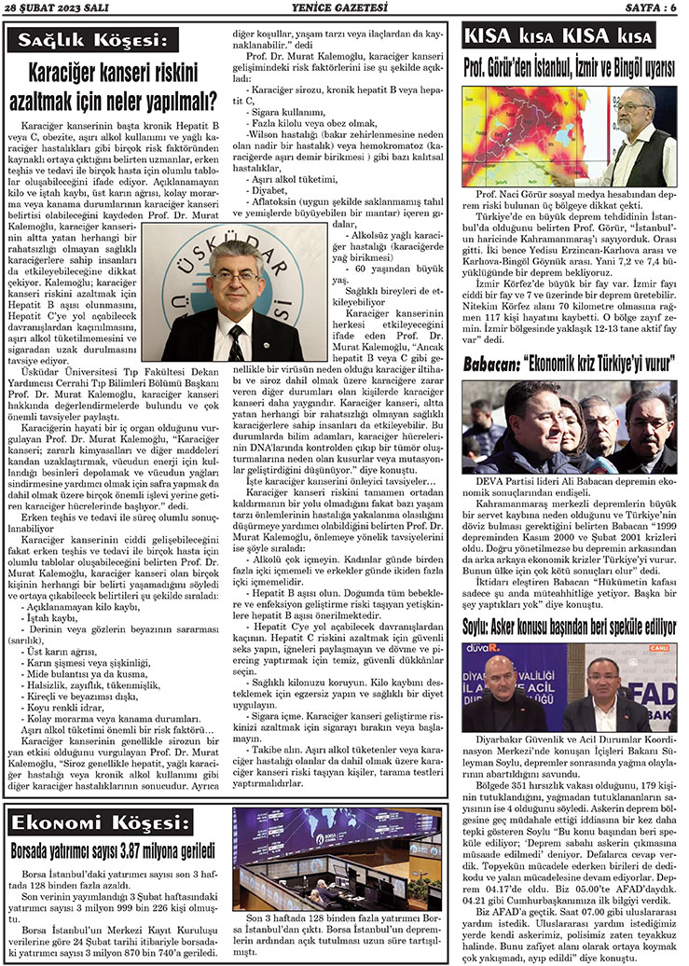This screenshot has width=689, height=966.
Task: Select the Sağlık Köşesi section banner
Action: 90,41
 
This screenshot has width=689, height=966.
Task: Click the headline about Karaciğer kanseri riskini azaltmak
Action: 113,85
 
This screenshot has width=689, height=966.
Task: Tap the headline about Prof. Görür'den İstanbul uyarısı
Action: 569,68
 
